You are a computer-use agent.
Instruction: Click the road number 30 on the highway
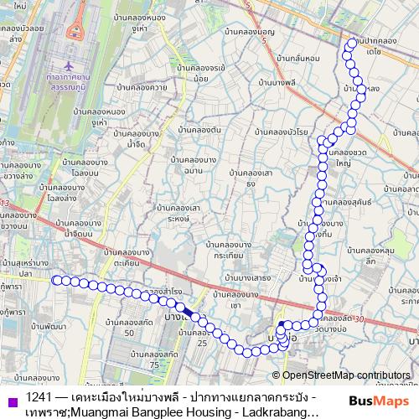coord(360,318)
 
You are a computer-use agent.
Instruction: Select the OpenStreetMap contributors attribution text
coord(345,375)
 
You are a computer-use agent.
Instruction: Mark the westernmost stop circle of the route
coord(56,279)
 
